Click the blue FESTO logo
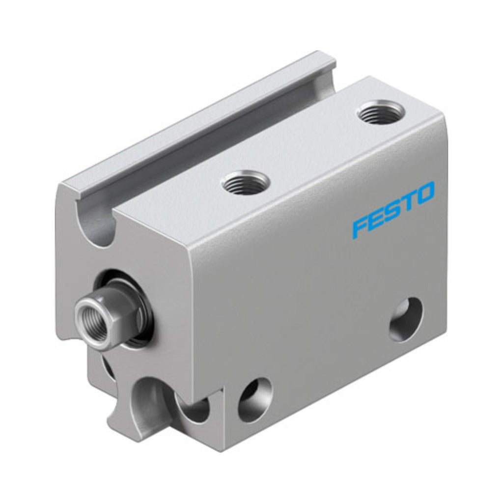pos(393,210)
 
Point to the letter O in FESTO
pos(424,195)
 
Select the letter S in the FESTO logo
pos(392,211)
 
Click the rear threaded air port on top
pos(381,114)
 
